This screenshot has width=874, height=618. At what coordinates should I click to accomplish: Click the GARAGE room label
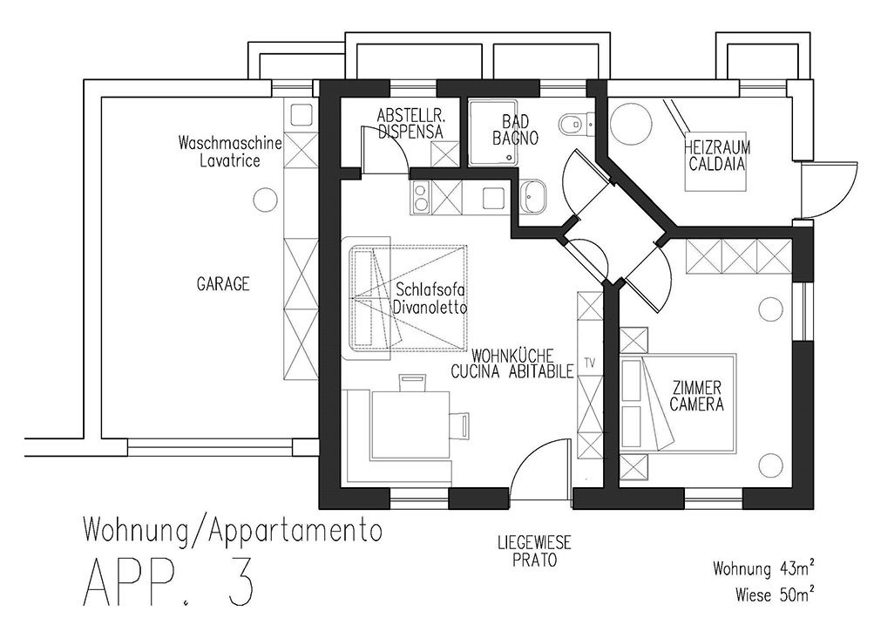pyautogui.click(x=223, y=284)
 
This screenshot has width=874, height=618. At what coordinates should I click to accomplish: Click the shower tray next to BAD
pyautogui.click(x=492, y=132)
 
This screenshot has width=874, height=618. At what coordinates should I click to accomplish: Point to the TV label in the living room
pyautogui.click(x=590, y=363)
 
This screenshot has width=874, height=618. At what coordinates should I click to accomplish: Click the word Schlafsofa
pyautogui.click(x=430, y=290)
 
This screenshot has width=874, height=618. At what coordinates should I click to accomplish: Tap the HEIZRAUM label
pyautogui.click(x=717, y=148)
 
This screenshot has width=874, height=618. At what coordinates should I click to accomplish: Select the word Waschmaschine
pyautogui.click(x=230, y=143)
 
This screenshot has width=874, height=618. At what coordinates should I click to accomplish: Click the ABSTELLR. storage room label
pyautogui.click(x=410, y=116)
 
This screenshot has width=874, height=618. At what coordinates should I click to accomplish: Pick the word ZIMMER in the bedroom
pyautogui.click(x=697, y=387)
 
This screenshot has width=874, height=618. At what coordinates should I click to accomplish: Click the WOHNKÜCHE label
pyautogui.click(x=512, y=356)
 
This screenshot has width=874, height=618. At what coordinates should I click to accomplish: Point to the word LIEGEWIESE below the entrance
pyautogui.click(x=534, y=542)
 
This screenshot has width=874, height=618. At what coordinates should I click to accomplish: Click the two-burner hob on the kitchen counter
pyautogui.click(x=421, y=198)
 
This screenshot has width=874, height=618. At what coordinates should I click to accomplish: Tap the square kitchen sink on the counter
pyautogui.click(x=494, y=198)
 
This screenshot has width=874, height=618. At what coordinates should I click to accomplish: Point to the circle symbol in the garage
pyautogui.click(x=265, y=199)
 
